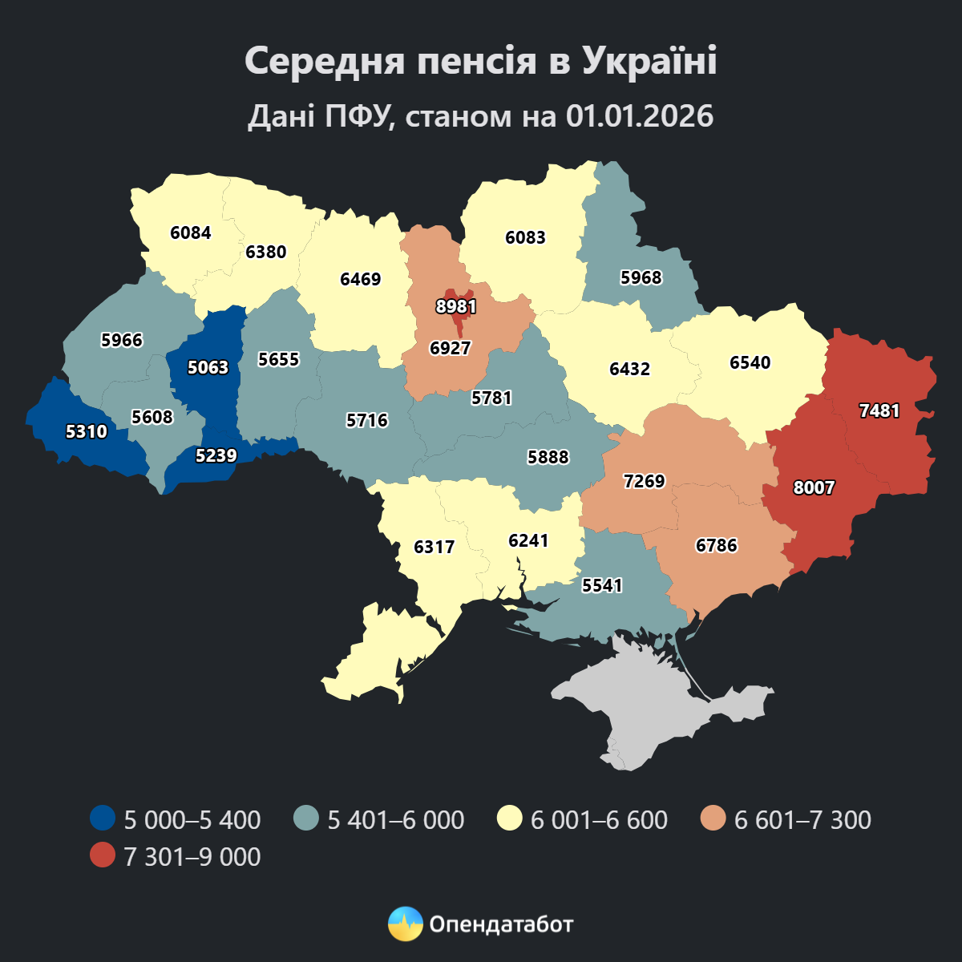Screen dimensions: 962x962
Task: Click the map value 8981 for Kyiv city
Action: coord(456,306)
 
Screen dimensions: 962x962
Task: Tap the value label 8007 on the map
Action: coord(814,487)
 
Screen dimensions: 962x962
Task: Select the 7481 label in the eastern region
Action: coord(879,410)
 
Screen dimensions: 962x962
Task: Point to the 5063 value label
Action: coord(208,367)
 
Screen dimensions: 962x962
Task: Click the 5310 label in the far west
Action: coord(86,431)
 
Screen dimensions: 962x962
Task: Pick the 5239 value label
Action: coord(216,455)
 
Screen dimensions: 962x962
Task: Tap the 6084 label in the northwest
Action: coord(191,232)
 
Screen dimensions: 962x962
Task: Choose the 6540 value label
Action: coord(750,362)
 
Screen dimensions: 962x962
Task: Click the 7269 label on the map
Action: coord(644,481)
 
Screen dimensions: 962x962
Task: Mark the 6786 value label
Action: coord(716,545)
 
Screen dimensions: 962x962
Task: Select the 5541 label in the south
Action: coord(602,585)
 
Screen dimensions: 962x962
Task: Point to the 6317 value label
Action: coord(434,547)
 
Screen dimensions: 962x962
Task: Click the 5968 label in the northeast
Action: coord(641,277)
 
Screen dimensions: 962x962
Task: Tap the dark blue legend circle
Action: coord(103,819)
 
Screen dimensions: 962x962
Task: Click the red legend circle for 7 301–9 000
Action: coord(103,856)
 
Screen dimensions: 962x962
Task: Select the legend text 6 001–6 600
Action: coord(599,820)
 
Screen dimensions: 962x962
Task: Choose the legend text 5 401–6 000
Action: coord(395,820)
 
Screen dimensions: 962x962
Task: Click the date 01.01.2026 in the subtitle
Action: coord(639,116)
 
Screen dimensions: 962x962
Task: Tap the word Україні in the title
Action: coord(649,62)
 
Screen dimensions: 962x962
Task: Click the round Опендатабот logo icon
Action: coord(405,924)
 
